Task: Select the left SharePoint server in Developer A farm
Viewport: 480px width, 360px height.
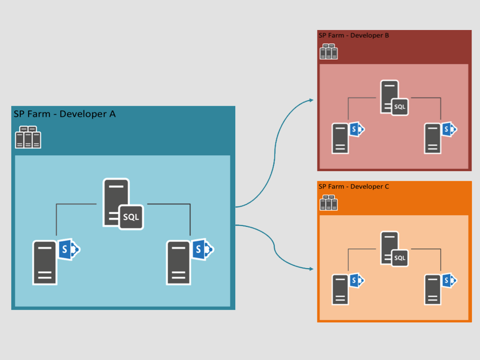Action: [45, 262]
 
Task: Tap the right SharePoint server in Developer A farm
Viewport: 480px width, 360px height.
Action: [179, 262]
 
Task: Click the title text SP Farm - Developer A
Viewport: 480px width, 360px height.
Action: [65, 114]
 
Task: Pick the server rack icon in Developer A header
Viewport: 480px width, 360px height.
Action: [28, 137]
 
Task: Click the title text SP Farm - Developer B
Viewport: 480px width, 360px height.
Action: [354, 35]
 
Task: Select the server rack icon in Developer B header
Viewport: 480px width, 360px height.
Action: [329, 52]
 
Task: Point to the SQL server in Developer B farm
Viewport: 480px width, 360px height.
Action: [390, 97]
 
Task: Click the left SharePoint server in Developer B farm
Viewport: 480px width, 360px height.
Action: [341, 138]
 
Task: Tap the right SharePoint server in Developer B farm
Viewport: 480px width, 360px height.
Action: [433, 138]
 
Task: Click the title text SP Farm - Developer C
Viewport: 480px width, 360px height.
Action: [354, 187]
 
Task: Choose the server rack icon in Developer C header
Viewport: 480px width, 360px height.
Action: [329, 203]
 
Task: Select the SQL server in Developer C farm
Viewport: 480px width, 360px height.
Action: [390, 248]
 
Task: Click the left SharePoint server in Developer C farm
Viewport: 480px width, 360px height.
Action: [341, 289]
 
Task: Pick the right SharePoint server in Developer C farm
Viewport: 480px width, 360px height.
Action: [433, 289]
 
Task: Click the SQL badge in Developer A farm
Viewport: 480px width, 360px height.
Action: [131, 217]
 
